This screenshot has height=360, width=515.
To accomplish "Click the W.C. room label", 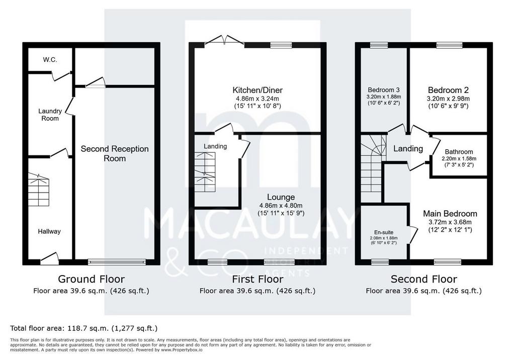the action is tap(50, 60).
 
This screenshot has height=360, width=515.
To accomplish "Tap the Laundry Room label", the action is tap(50, 115).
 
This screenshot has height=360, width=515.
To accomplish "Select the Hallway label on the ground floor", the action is tap(49, 231).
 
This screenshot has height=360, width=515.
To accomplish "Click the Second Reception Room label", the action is tap(115, 153).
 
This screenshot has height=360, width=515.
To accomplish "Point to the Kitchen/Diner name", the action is tap(257, 90).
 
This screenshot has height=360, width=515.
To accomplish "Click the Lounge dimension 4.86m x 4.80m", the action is tap(281, 206).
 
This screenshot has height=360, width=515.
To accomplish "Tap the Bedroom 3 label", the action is tap(384, 89).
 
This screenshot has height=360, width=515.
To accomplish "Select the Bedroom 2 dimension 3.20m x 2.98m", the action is tap(448, 99).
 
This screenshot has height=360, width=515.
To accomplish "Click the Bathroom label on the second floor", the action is tap(459, 152).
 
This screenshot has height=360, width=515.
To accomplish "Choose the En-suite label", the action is tap(384, 232).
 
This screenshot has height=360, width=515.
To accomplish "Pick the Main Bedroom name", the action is tap(450, 214).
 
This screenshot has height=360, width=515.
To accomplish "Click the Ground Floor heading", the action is tap(92, 279).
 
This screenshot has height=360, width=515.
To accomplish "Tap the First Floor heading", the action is tap(257, 279).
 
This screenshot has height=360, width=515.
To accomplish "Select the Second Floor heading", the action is tap(423, 279).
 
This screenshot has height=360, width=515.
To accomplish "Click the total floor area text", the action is tap(84, 328).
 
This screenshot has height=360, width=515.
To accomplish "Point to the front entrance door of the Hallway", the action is tap(49, 258).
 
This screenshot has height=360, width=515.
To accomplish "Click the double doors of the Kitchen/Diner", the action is tap(225, 40).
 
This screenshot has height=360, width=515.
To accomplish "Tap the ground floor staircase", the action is tap(38, 190).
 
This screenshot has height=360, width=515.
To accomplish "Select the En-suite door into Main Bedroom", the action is tap(413, 234).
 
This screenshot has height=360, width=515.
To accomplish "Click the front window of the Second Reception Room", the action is tap(117, 262).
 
